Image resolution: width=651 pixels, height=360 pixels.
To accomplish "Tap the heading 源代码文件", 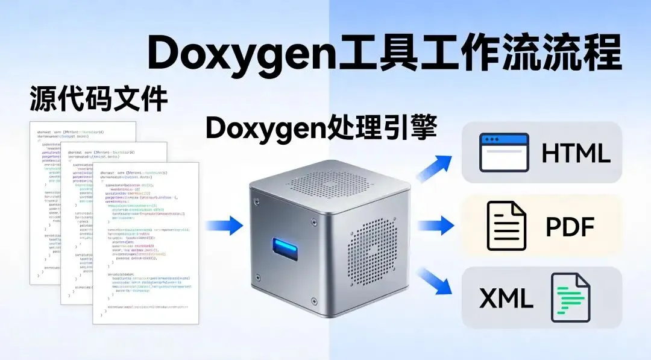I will tap(98, 98).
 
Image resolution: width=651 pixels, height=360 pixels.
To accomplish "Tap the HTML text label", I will tap(576, 153).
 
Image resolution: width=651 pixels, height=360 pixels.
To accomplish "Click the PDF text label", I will tap(570, 227).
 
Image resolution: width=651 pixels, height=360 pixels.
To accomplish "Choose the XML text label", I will tap(506, 298).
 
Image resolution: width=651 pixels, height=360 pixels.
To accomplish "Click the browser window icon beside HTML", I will tap(504, 153).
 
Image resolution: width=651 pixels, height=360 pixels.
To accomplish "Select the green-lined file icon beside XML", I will tap(570, 298).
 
